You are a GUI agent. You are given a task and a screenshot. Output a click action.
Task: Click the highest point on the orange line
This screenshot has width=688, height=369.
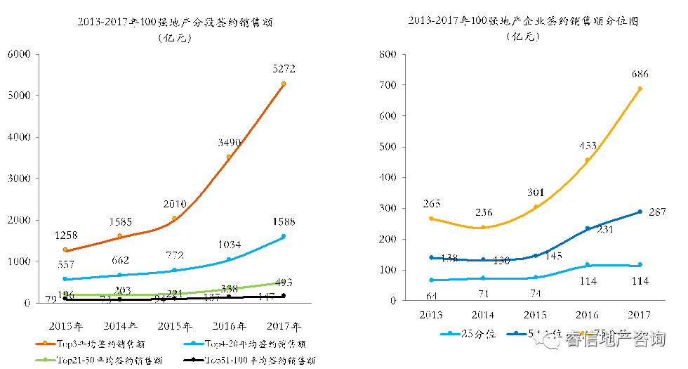click(x=284, y=84)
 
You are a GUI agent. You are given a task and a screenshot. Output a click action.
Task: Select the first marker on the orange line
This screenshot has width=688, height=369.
click(x=65, y=250)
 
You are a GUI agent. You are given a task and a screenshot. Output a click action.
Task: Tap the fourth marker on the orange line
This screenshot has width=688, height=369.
click(x=229, y=157)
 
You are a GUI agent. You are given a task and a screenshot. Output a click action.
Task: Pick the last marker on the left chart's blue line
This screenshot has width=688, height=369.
click(x=284, y=236)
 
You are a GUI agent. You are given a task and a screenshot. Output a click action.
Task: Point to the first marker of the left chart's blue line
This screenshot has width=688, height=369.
click(x=65, y=279)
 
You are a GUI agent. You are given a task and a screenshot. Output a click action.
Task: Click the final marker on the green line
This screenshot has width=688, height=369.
click(x=283, y=282)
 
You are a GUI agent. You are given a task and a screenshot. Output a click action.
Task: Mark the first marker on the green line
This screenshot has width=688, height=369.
click(x=65, y=294)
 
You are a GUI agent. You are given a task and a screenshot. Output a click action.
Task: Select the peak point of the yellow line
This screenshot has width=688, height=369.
click(x=640, y=89)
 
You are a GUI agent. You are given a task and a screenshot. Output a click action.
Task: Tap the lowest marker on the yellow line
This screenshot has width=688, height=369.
click(x=483, y=227)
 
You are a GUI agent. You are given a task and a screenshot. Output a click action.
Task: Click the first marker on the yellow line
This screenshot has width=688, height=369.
click(x=431, y=219)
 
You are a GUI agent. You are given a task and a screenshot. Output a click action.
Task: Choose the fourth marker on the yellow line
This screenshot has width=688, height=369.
click(x=587, y=160)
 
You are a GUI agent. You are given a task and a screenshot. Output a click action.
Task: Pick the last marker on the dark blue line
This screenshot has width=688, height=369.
click(x=640, y=212)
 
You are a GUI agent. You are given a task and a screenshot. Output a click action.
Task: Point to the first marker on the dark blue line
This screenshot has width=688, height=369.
click(x=431, y=257)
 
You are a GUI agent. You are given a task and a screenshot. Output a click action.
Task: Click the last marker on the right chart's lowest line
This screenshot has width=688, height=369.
click(x=640, y=265)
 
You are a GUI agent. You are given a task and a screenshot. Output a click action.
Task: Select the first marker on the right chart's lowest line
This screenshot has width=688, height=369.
click(x=431, y=280)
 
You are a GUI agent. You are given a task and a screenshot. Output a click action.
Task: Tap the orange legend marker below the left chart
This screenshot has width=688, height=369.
click(x=46, y=344)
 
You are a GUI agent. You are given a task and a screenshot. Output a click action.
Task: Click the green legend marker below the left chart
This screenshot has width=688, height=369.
click(x=46, y=360)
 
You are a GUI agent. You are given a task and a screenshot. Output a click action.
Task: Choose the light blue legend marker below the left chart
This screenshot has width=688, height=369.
click(x=194, y=344)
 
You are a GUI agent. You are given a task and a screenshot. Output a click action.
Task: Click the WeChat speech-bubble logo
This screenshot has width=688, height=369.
click(x=546, y=337)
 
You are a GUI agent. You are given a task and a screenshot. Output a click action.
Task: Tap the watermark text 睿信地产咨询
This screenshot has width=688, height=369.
click(x=615, y=339)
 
